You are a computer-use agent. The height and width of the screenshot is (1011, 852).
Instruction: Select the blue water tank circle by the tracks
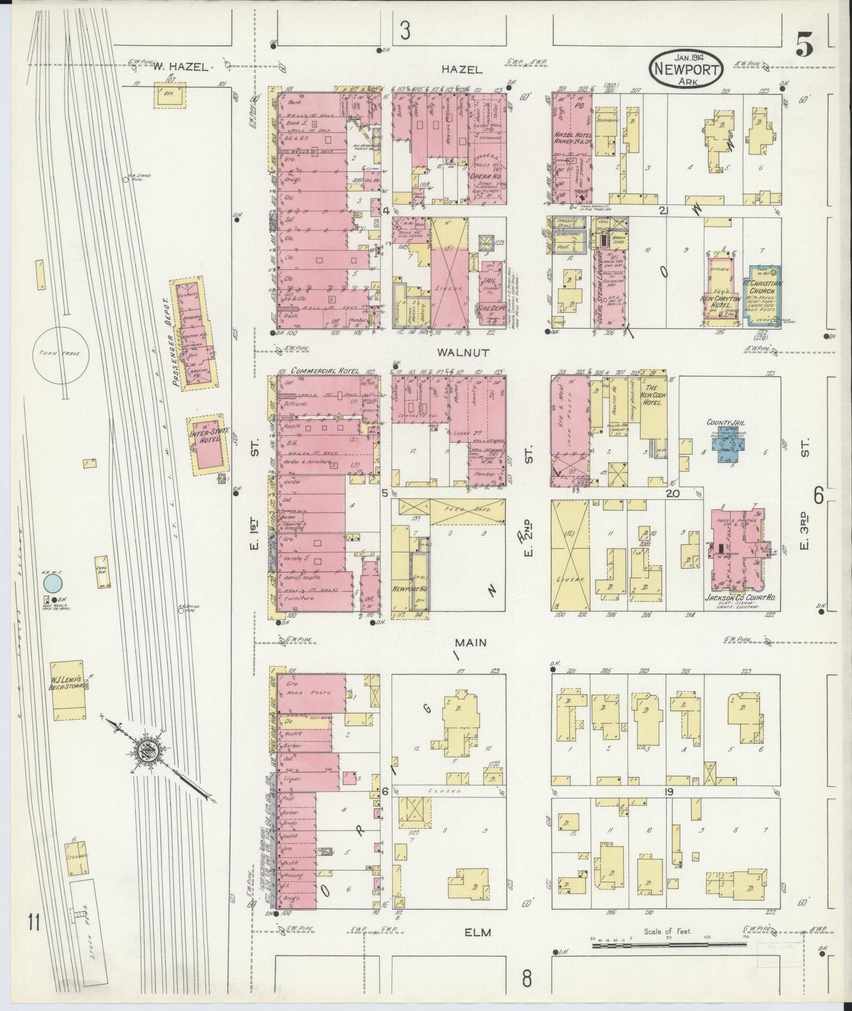click(53, 585)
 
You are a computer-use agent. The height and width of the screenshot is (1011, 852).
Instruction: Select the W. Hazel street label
click(180, 67)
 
